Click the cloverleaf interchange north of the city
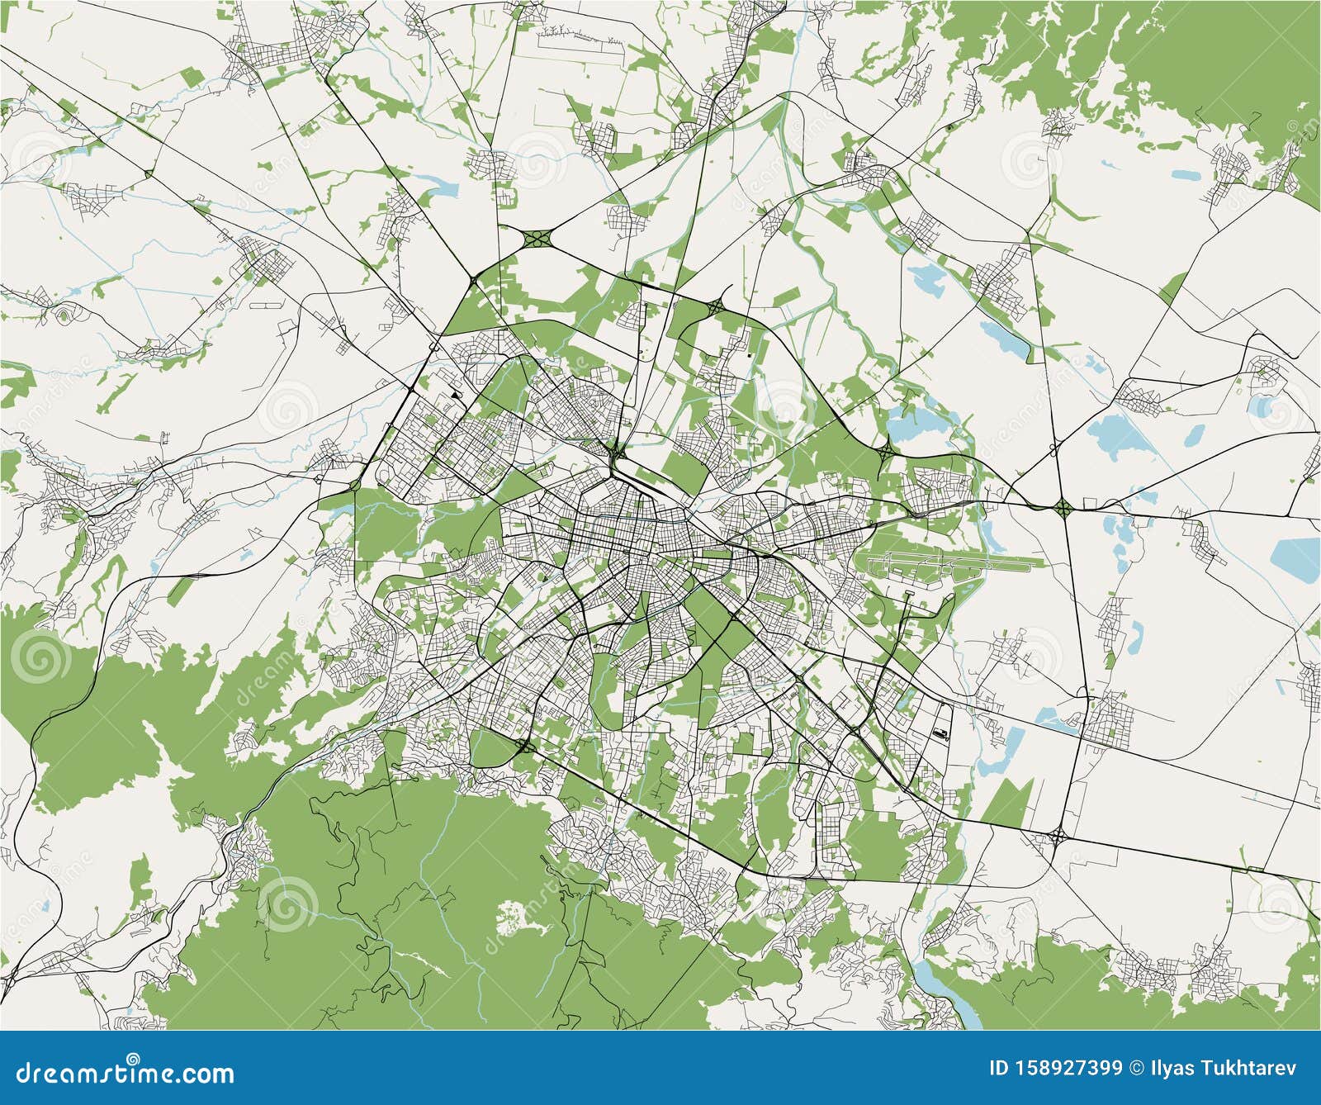(x=538, y=239)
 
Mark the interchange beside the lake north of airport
(x=884, y=450)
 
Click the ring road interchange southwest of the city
(x=525, y=747)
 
